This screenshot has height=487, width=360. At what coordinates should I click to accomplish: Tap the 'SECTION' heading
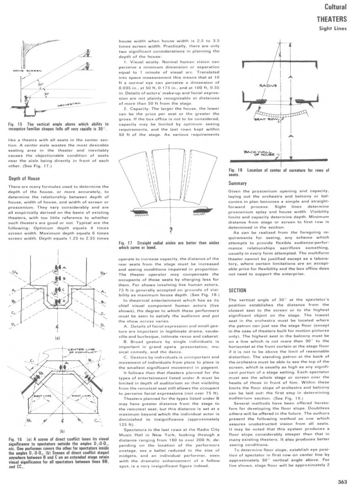(x=237, y=291)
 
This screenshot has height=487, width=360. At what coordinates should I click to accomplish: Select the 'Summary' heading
(x=237, y=183)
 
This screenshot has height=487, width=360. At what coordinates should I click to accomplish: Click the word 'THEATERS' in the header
(x=332, y=19)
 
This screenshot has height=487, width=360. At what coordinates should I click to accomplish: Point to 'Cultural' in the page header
(x=335, y=7)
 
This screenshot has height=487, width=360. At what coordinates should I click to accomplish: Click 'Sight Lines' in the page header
(x=333, y=29)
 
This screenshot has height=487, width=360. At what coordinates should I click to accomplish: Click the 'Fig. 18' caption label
(x=235, y=170)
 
